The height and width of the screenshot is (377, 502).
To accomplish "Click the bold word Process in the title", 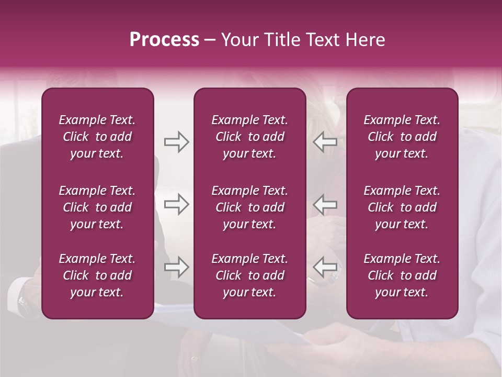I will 164,40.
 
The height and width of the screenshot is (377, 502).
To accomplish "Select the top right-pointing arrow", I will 176,142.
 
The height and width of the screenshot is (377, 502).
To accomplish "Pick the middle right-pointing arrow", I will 176,204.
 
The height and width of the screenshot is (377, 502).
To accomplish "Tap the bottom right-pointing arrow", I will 176,267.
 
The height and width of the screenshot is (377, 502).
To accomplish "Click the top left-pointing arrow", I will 325,142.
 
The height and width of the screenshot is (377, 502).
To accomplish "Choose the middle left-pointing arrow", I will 325,204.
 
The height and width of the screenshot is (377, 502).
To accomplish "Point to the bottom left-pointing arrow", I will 325,267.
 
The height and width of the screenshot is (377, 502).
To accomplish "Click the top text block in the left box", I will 97,137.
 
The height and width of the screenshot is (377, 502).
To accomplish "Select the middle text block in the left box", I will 97,207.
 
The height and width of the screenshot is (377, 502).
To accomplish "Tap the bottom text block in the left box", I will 97,275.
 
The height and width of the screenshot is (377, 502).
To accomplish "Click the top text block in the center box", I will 250,137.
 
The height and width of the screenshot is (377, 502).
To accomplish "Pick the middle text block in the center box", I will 250,207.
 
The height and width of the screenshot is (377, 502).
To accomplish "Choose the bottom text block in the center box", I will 250,275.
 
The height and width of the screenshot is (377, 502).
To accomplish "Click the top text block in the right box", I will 402,137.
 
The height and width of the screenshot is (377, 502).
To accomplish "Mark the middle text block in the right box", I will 402,207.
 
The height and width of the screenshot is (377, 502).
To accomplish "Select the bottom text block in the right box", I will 402,275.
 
